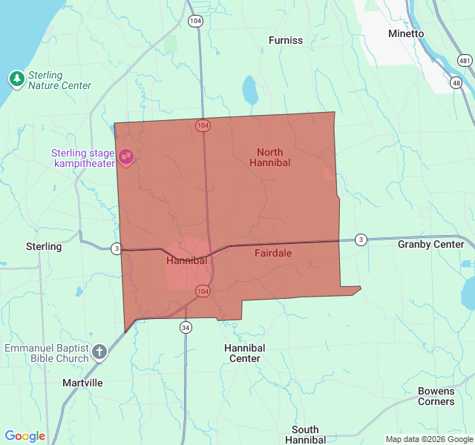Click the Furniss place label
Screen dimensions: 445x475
[286, 40]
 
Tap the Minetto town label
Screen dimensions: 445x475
[406, 33]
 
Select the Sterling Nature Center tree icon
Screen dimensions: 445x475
[16, 79]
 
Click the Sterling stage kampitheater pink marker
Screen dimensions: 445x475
[126, 156]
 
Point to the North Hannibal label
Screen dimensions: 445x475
[269, 157]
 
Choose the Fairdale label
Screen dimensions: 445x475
[273, 253]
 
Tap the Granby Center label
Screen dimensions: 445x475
[430, 244]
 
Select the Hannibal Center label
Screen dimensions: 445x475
[244, 353]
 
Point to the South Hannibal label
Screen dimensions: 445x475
[305, 435]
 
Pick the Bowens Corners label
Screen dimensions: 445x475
[436, 396]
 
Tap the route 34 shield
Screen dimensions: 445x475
[186, 327]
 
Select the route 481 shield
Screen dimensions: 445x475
[465, 60]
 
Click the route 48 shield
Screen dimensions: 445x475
[456, 82]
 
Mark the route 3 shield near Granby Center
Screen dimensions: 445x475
[360, 239]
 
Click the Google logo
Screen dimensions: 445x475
[25, 436]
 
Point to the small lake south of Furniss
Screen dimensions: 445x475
[249, 90]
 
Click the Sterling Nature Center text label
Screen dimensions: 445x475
[59, 80]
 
